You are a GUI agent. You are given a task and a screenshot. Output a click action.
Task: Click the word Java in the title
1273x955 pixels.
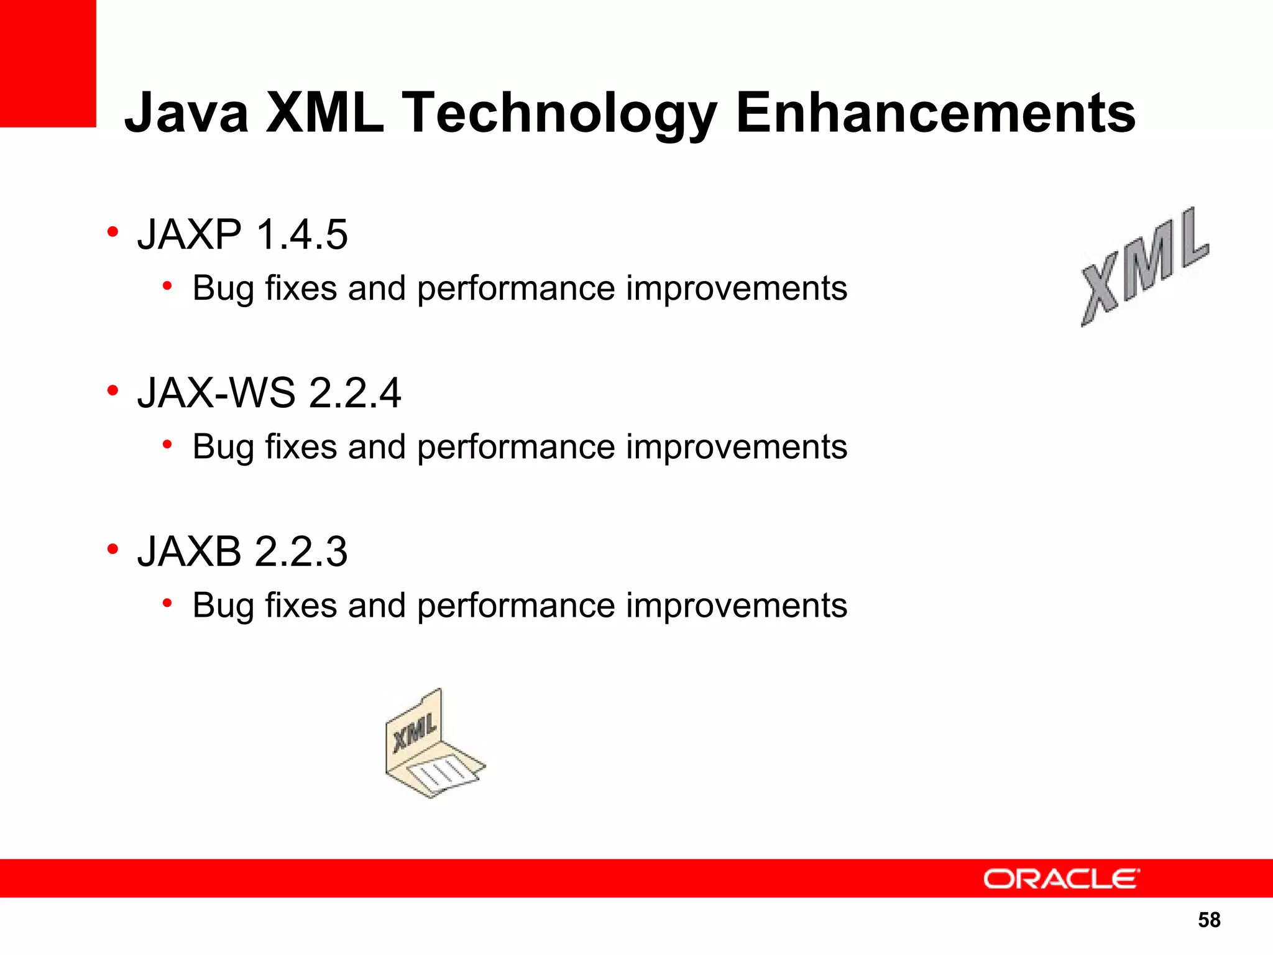186,113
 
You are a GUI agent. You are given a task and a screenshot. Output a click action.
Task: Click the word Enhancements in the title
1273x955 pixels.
935,113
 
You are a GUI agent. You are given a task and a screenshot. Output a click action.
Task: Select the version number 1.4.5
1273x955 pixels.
301,234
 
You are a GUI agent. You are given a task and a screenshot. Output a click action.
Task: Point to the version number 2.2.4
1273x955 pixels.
355,393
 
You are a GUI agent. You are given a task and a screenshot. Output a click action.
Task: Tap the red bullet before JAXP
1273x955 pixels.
113,232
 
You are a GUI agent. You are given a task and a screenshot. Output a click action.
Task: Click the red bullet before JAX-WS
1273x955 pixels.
113,390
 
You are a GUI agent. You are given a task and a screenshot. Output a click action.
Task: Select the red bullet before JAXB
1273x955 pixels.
113,549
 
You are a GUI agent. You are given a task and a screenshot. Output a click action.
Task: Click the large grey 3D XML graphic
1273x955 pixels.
1144,267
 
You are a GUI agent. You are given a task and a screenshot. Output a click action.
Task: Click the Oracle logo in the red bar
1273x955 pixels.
1061,879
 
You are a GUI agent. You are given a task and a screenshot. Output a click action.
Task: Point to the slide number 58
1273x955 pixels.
1209,920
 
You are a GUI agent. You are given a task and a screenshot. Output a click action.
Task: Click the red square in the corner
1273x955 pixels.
48,62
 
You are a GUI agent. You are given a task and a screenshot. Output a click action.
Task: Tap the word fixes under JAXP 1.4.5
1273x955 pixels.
301,288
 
